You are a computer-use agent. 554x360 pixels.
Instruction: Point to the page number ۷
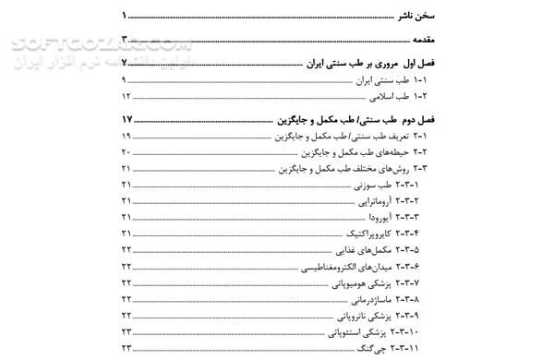pyautogui.click(x=125, y=66)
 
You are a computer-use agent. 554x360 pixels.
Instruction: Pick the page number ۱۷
pyautogui.click(x=126, y=120)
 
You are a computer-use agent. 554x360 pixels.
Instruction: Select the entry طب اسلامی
pyautogui.click(x=386, y=96)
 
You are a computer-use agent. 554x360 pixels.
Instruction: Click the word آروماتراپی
pyautogui.click(x=369, y=201)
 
